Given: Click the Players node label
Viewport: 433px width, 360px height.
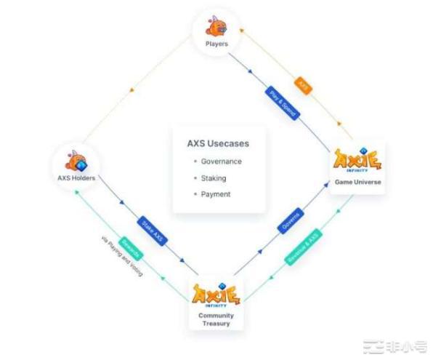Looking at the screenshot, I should [217, 44].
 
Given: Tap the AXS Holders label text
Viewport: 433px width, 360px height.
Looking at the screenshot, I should [77, 178].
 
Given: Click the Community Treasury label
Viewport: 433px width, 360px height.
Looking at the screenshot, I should [216, 320].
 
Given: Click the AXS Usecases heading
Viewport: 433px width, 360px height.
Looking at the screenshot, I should [218, 143].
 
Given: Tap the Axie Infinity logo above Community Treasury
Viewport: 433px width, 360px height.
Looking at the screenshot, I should [216, 295].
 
